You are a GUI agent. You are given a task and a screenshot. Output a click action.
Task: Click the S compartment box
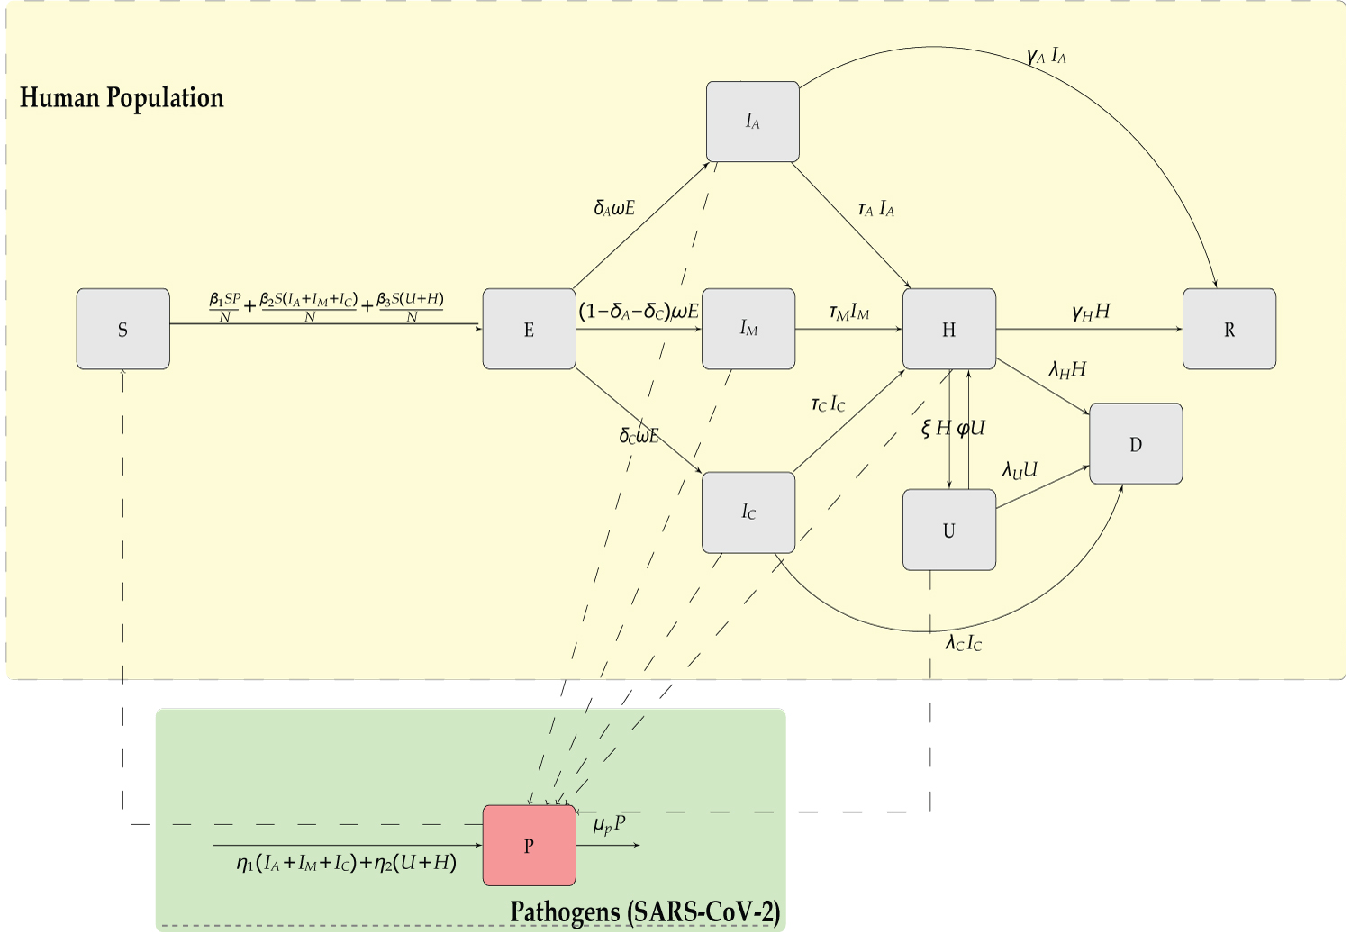pos(122,329)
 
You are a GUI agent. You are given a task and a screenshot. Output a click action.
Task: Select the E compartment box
pos(529,329)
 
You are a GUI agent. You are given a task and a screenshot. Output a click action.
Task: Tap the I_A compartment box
pos(752,122)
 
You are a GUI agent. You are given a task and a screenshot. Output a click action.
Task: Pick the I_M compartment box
pos(748,329)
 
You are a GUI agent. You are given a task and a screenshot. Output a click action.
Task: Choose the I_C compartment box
pos(748,512)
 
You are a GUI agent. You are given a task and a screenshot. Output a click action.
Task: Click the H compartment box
pos(948,329)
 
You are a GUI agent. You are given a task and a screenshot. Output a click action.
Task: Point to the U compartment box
pos(948,530)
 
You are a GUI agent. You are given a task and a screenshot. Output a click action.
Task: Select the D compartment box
pos(1135,443)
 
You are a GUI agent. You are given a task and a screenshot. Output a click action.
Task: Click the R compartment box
pos(1229,329)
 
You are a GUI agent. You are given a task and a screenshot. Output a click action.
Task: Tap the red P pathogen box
pos(529,845)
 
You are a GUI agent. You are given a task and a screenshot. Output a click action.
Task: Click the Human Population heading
pos(122,97)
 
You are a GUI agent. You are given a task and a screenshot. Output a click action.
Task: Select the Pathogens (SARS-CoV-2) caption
pos(645,911)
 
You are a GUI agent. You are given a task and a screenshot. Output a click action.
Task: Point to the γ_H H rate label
pos(1091,312)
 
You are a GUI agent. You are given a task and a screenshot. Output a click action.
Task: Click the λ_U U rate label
pos(1020,470)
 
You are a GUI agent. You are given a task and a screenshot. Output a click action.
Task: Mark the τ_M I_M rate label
pos(848,313)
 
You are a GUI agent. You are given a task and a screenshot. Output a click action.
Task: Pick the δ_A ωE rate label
pos(614,208)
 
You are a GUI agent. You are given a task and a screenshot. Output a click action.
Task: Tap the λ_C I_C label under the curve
pos(963,642)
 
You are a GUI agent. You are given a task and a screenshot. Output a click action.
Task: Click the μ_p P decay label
pos(609,824)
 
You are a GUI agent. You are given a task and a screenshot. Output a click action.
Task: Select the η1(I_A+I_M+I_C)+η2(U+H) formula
pos(347,863)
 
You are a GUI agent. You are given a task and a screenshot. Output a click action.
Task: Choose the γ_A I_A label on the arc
pos(1046,57)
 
